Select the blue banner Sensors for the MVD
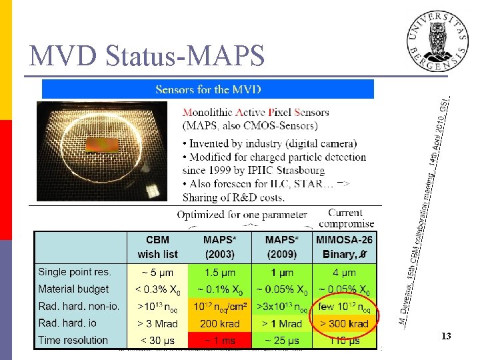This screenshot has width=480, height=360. pos(208,89)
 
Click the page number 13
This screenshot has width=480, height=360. pos(445,337)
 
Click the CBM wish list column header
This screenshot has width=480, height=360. pos(157,247)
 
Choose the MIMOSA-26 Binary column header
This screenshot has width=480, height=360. pos(344,247)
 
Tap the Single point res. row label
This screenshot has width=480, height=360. pos(75,272)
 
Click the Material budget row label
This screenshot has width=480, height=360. pos(73,289)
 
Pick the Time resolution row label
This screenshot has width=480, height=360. pos(73,340)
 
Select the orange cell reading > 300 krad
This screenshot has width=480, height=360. pos(344,323)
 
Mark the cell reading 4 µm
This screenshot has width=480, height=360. pos(344,272)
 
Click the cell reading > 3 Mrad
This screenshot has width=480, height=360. pos(157,323)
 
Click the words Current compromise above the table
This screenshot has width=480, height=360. pos(346,218)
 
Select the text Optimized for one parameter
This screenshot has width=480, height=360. pos(242,215)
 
